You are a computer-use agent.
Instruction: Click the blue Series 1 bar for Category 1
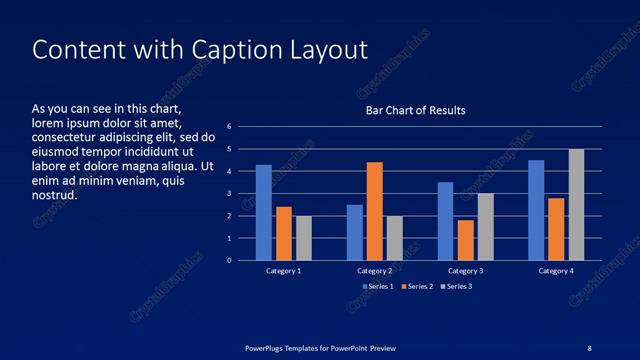pyautogui.click(x=264, y=212)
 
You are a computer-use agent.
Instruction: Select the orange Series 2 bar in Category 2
pyautogui.click(x=375, y=211)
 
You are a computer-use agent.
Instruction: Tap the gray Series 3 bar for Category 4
pyautogui.click(x=576, y=204)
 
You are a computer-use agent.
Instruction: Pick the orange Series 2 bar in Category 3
pyautogui.click(x=465, y=240)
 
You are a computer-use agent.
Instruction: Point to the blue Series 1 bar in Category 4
pyautogui.click(x=536, y=210)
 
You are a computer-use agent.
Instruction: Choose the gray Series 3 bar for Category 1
pyautogui.click(x=303, y=238)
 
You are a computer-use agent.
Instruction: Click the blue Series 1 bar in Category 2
pyautogui.click(x=355, y=232)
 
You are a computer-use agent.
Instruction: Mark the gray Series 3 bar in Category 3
pyautogui.click(x=485, y=227)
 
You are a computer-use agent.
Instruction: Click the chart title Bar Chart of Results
pyautogui.click(x=415, y=110)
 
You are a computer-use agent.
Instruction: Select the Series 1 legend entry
pyautogui.click(x=378, y=286)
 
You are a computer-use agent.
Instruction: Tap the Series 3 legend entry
pyautogui.click(x=456, y=286)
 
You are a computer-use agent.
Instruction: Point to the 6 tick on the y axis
pyautogui.click(x=229, y=127)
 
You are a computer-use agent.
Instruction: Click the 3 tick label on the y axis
pyautogui.click(x=229, y=194)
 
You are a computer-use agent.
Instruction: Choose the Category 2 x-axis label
pyautogui.click(x=374, y=271)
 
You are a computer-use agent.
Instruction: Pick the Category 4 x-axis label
pyautogui.click(x=556, y=271)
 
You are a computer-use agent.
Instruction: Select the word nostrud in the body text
pyautogui.click(x=55, y=195)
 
